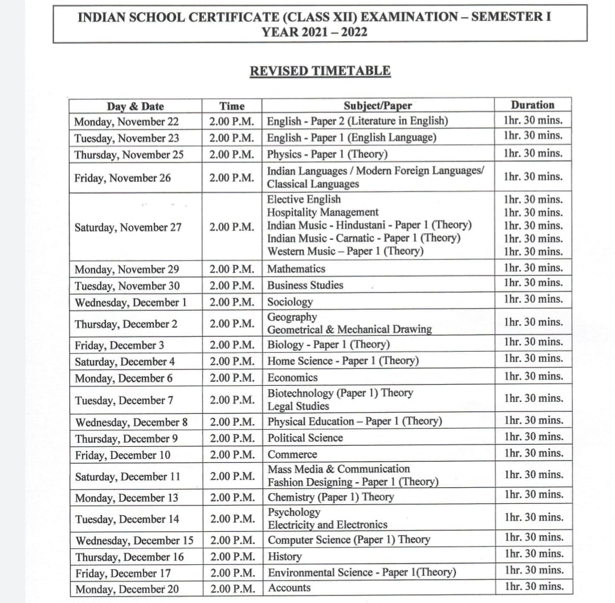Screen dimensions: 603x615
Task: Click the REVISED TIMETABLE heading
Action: pyautogui.click(x=320, y=71)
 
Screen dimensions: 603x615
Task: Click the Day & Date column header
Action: pyautogui.click(x=135, y=106)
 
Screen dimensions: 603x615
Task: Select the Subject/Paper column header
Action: pyautogui.click(x=377, y=105)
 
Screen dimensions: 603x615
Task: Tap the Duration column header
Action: pyautogui.click(x=532, y=105)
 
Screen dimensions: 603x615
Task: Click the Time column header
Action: pyautogui.click(x=232, y=106)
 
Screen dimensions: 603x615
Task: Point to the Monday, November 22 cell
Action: pyautogui.click(x=126, y=121)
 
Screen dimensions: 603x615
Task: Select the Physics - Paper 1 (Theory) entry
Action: pyautogui.click(x=327, y=154)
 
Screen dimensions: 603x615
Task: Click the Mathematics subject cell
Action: pyautogui.click(x=297, y=268)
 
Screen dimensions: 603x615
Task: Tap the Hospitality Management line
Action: pyautogui.click(x=323, y=212)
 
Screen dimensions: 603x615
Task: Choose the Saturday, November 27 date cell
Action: pyautogui.click(x=128, y=227)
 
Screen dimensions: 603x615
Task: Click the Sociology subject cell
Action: pyautogui.click(x=290, y=301)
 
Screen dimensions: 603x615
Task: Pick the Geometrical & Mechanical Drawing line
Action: pyautogui.click(x=350, y=329)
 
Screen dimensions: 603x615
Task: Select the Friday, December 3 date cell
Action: pyautogui.click(x=120, y=345)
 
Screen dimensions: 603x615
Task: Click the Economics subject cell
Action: pyautogui.click(x=293, y=377)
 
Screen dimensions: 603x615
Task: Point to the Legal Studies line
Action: pyautogui.click(x=298, y=406)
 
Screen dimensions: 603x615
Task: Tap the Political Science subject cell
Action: pyautogui.click(x=305, y=438)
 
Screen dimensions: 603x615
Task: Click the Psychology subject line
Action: pyautogui.click(x=294, y=512)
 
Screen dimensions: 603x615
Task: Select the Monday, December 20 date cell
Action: pyautogui.click(x=127, y=589)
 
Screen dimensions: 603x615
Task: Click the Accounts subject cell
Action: pyautogui.click(x=289, y=588)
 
